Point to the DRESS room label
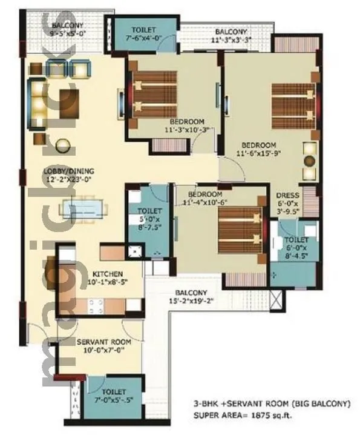[x=284, y=195]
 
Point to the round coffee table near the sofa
[x=62, y=145]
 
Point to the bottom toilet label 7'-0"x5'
[x=114, y=396]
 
